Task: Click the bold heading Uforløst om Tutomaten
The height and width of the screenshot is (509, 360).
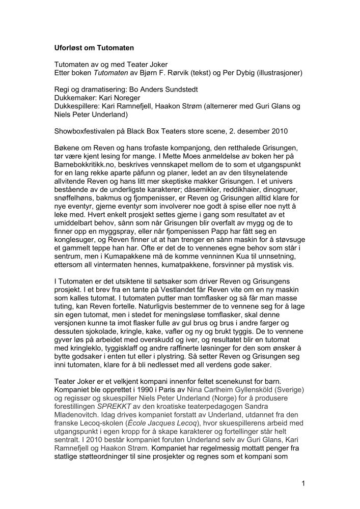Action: pyautogui.click(x=94, y=48)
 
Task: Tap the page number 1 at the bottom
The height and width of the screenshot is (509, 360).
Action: pyautogui.click(x=303, y=484)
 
